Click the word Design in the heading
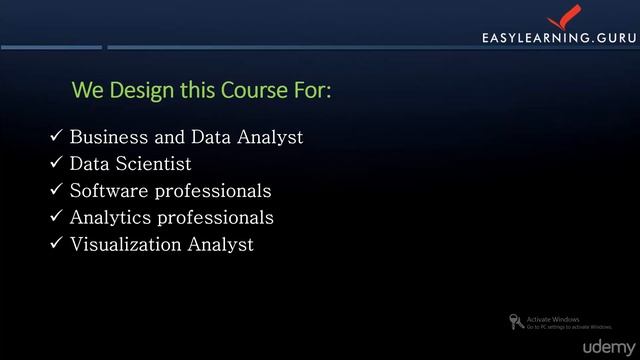[136, 91]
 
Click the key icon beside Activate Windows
[515, 322]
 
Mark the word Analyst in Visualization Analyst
[221, 244]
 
